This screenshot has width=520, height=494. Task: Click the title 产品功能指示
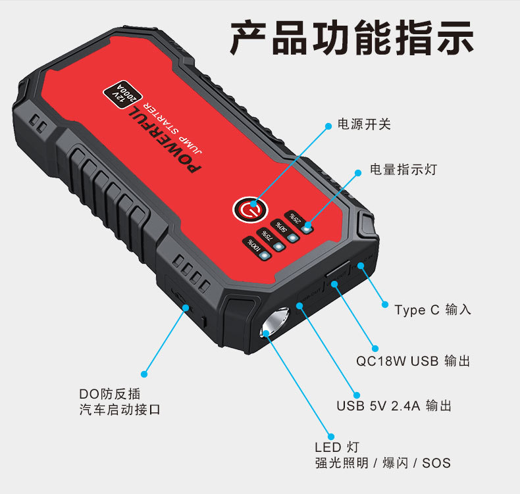[351, 38]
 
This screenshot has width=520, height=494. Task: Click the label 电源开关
[363, 124]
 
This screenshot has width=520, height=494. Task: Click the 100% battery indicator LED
[265, 256]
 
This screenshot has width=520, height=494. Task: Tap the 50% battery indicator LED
[293, 237]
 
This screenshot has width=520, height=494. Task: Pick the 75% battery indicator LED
[278, 247]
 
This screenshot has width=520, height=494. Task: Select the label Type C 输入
[432, 309]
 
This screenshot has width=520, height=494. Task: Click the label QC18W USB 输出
[413, 361]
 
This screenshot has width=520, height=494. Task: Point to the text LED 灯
[337, 447]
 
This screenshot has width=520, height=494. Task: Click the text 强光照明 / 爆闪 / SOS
[382, 463]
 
